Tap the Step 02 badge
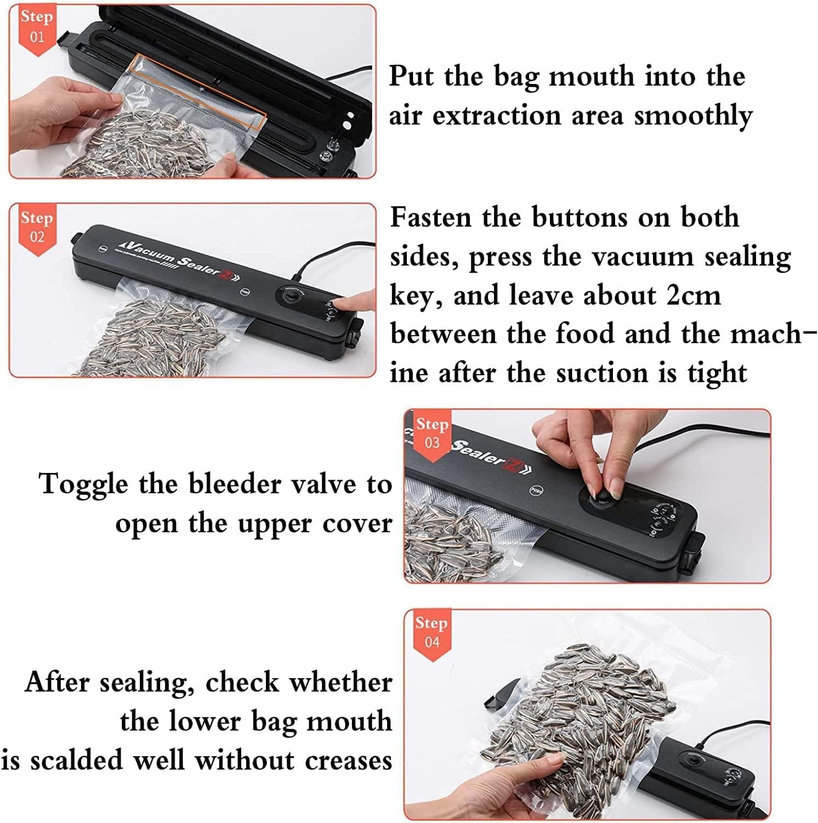[37, 227]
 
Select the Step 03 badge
[432, 433]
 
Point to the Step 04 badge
[431, 632]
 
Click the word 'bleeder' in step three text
[236, 484]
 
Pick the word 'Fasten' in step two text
[430, 217]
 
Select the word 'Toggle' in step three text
[84, 484]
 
